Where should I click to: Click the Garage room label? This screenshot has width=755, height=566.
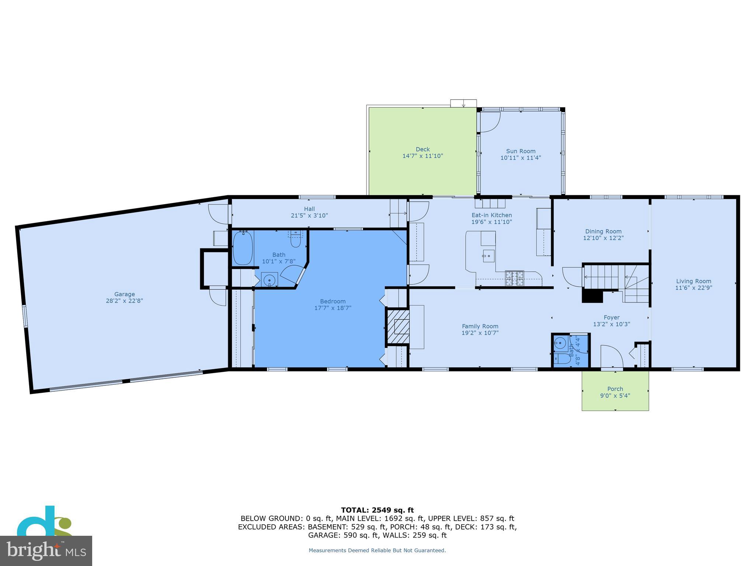(x=124, y=294)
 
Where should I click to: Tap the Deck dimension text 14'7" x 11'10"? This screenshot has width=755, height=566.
(x=422, y=156)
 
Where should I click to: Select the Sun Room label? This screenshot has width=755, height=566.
(x=521, y=151)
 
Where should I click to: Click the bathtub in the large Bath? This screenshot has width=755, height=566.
(x=243, y=248)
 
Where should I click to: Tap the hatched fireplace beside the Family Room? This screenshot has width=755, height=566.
(x=398, y=326)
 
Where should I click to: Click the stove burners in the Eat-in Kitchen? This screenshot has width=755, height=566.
(x=514, y=278)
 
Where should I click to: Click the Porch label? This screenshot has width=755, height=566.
(x=615, y=389)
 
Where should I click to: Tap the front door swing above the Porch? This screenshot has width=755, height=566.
(x=611, y=356)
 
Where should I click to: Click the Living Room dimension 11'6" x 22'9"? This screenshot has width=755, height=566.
(x=693, y=288)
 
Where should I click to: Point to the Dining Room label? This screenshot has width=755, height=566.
(x=603, y=231)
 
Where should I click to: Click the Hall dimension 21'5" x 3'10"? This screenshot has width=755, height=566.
(x=309, y=216)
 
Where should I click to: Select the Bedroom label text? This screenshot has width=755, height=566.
(x=333, y=301)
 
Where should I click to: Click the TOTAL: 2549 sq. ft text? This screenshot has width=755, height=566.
(x=377, y=510)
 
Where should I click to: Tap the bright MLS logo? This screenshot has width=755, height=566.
(x=46, y=550)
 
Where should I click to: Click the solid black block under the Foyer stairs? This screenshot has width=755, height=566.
(x=592, y=296)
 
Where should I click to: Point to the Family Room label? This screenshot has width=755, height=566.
(x=480, y=326)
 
